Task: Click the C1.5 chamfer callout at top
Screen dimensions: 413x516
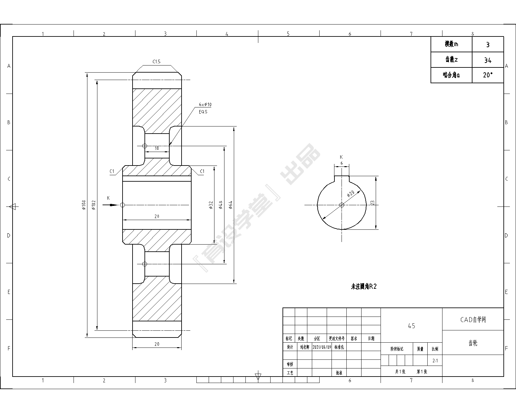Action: click(156, 62)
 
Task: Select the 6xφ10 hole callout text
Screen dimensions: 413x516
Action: click(205, 105)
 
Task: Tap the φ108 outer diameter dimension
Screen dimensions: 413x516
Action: click(84, 205)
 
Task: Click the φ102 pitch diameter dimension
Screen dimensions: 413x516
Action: click(94, 205)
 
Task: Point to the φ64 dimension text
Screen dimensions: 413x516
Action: click(230, 205)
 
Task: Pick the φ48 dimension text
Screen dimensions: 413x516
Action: click(221, 205)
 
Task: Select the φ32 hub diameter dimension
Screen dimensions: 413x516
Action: click(211, 205)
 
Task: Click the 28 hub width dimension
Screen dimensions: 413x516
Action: click(157, 217)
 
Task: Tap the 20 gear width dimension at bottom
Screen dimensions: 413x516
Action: click(157, 344)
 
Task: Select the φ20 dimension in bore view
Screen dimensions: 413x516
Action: click(351, 194)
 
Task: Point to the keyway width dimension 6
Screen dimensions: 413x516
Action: click(342, 164)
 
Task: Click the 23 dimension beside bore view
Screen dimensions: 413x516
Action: click(372, 203)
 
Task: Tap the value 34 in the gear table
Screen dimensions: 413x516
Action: click(488, 60)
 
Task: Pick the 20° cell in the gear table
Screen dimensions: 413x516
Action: click(488, 75)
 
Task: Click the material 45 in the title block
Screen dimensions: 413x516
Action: click(411, 326)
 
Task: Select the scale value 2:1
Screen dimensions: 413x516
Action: click(435, 361)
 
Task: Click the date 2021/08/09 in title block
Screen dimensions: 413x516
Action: click(322, 347)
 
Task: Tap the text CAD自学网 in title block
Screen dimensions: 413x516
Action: click(473, 319)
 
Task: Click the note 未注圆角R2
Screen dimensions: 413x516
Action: click(364, 287)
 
